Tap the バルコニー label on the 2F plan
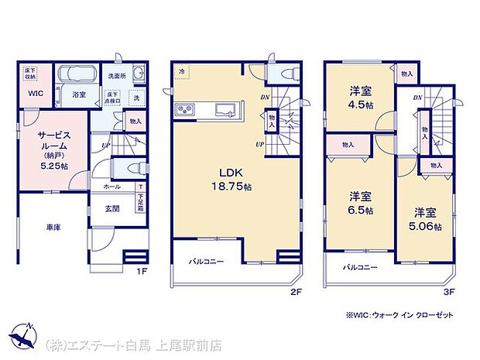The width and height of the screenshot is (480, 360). pos(206,262)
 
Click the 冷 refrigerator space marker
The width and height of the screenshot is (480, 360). pos(182,72)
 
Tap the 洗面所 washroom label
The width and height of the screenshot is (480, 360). pos(117,76)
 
